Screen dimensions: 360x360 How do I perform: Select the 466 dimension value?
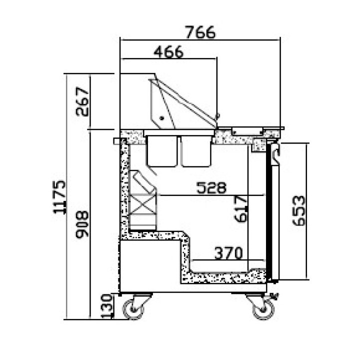[168, 52]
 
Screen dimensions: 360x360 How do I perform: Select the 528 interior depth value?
[211, 188]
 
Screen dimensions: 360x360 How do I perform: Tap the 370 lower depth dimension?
[228, 253]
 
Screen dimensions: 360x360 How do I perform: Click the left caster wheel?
[134, 307]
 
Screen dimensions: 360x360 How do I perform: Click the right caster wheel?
[261, 307]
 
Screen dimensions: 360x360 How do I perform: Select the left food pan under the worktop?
[162, 150]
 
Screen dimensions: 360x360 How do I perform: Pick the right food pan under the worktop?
[196, 150]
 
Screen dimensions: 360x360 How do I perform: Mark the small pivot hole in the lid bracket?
[161, 117]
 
